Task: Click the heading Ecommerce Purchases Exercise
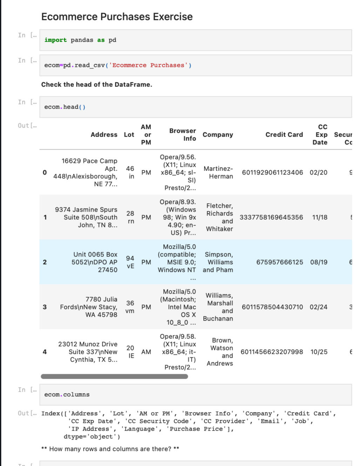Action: pos(117,17)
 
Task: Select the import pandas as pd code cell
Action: pos(80,40)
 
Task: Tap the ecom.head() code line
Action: pos(65,107)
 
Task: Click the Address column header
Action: pos(104,135)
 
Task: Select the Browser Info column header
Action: pos(183,135)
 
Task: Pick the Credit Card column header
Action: pos(284,135)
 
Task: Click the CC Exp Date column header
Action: pos(321,135)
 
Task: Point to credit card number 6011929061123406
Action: pos(272,172)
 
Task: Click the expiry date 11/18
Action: pos(320,217)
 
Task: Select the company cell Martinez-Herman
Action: pos(218,172)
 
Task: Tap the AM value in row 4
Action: pos(146,352)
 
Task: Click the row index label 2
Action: pos(45,262)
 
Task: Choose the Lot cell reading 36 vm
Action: pos(130,307)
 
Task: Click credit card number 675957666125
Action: pos(279,262)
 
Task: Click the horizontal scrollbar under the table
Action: pos(114,377)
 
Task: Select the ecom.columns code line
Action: pos(67,395)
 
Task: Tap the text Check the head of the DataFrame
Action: pos(97,84)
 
